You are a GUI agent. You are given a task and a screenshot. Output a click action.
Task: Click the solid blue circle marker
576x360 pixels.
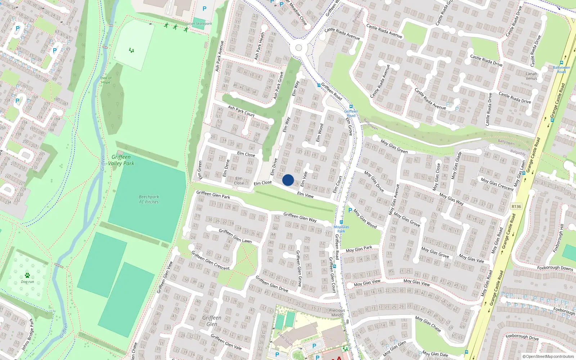288,180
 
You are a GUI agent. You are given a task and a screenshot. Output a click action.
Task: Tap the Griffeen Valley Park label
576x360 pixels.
121,160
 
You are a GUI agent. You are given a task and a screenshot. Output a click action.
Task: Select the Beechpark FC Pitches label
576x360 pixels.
149,199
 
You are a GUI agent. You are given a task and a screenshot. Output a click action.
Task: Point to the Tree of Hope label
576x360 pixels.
105,80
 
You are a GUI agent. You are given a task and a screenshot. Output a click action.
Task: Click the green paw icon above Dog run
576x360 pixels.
27,275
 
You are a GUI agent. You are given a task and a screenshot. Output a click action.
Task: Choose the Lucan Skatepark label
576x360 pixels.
199,24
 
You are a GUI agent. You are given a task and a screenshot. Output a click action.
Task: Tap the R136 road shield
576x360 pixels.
516,207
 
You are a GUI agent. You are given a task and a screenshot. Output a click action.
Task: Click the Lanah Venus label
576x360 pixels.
531,76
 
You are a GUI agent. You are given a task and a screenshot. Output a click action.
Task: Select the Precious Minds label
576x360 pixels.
337,312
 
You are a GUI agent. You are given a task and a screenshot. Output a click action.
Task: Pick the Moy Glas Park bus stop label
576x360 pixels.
341,229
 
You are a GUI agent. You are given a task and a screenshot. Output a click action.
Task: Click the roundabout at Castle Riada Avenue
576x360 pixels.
298,48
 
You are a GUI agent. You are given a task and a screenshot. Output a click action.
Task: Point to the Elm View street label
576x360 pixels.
305,195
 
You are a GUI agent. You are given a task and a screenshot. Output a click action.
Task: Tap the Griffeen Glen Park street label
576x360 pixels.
213,194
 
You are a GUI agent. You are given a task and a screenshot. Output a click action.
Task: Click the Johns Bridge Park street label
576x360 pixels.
27,334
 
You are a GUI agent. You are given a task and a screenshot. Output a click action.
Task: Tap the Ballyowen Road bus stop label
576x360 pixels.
561,69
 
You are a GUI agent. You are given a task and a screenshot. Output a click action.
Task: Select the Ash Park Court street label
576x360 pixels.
241,111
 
